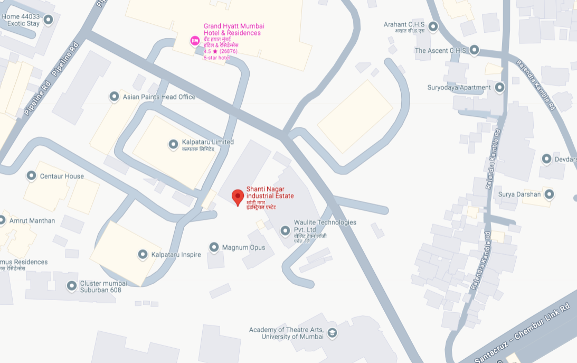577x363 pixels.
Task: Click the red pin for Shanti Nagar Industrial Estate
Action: pyautogui.click(x=238, y=197)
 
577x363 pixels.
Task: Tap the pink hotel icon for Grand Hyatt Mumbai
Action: pyautogui.click(x=194, y=40)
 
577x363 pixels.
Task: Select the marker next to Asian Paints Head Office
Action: pyautogui.click(x=114, y=97)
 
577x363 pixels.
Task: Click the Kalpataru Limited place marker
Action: pyautogui.click(x=173, y=144)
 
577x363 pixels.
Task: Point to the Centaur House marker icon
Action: pyautogui.click(x=31, y=176)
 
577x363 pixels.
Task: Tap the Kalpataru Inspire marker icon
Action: pyautogui.click(x=143, y=255)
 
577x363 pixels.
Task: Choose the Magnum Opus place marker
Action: pyautogui.click(x=214, y=247)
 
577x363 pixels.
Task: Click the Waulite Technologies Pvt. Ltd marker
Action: pyautogui.click(x=286, y=230)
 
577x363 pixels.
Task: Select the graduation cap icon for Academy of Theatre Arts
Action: pyautogui.click(x=332, y=333)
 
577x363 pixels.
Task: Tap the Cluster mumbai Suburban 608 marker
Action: pyautogui.click(x=72, y=286)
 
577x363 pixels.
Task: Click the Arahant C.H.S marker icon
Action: pyautogui.click(x=433, y=26)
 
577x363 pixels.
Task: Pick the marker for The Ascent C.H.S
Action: pyautogui.click(x=474, y=50)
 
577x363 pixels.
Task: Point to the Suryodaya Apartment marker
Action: pyautogui.click(x=499, y=87)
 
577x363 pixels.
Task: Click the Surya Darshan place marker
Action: pyautogui.click(x=549, y=194)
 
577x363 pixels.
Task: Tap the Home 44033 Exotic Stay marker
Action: pyautogui.click(x=49, y=20)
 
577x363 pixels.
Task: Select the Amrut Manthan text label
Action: pyautogui.click(x=32, y=220)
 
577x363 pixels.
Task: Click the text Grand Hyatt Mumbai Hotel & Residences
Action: pyautogui.click(x=233, y=30)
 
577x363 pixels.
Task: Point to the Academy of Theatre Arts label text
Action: pyautogui.click(x=286, y=333)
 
